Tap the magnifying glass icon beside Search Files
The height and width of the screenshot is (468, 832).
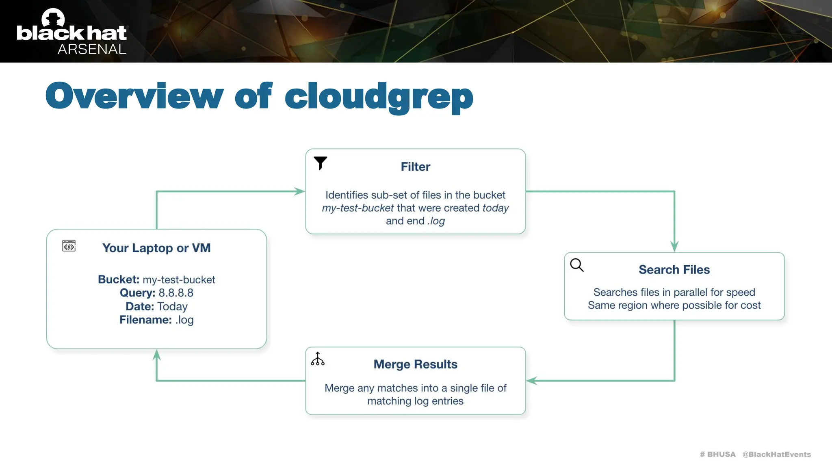point(576,265)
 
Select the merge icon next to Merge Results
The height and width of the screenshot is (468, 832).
point(318,359)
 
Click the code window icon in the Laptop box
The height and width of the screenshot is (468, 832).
point(69,246)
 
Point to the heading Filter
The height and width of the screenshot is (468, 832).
point(415,167)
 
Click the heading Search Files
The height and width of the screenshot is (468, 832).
point(674,270)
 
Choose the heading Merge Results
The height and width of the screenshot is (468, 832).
point(415,364)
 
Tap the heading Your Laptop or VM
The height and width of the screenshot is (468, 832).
point(156,248)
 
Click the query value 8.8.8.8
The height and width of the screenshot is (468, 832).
point(175,293)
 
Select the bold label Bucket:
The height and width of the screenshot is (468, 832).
point(119,279)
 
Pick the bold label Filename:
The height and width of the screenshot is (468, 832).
point(145,320)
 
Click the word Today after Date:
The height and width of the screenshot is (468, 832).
point(172,306)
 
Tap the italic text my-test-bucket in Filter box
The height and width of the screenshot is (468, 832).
point(357,208)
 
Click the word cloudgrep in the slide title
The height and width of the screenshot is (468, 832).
point(379,97)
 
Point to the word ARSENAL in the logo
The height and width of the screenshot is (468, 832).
point(92,49)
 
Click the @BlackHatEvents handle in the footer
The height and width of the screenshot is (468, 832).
point(776,454)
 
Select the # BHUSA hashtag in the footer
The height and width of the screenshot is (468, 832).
point(717,454)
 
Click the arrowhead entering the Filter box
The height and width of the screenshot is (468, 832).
point(300,191)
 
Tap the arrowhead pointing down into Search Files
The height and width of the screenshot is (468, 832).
point(674,247)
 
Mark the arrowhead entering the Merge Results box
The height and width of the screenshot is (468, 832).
point(531,381)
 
